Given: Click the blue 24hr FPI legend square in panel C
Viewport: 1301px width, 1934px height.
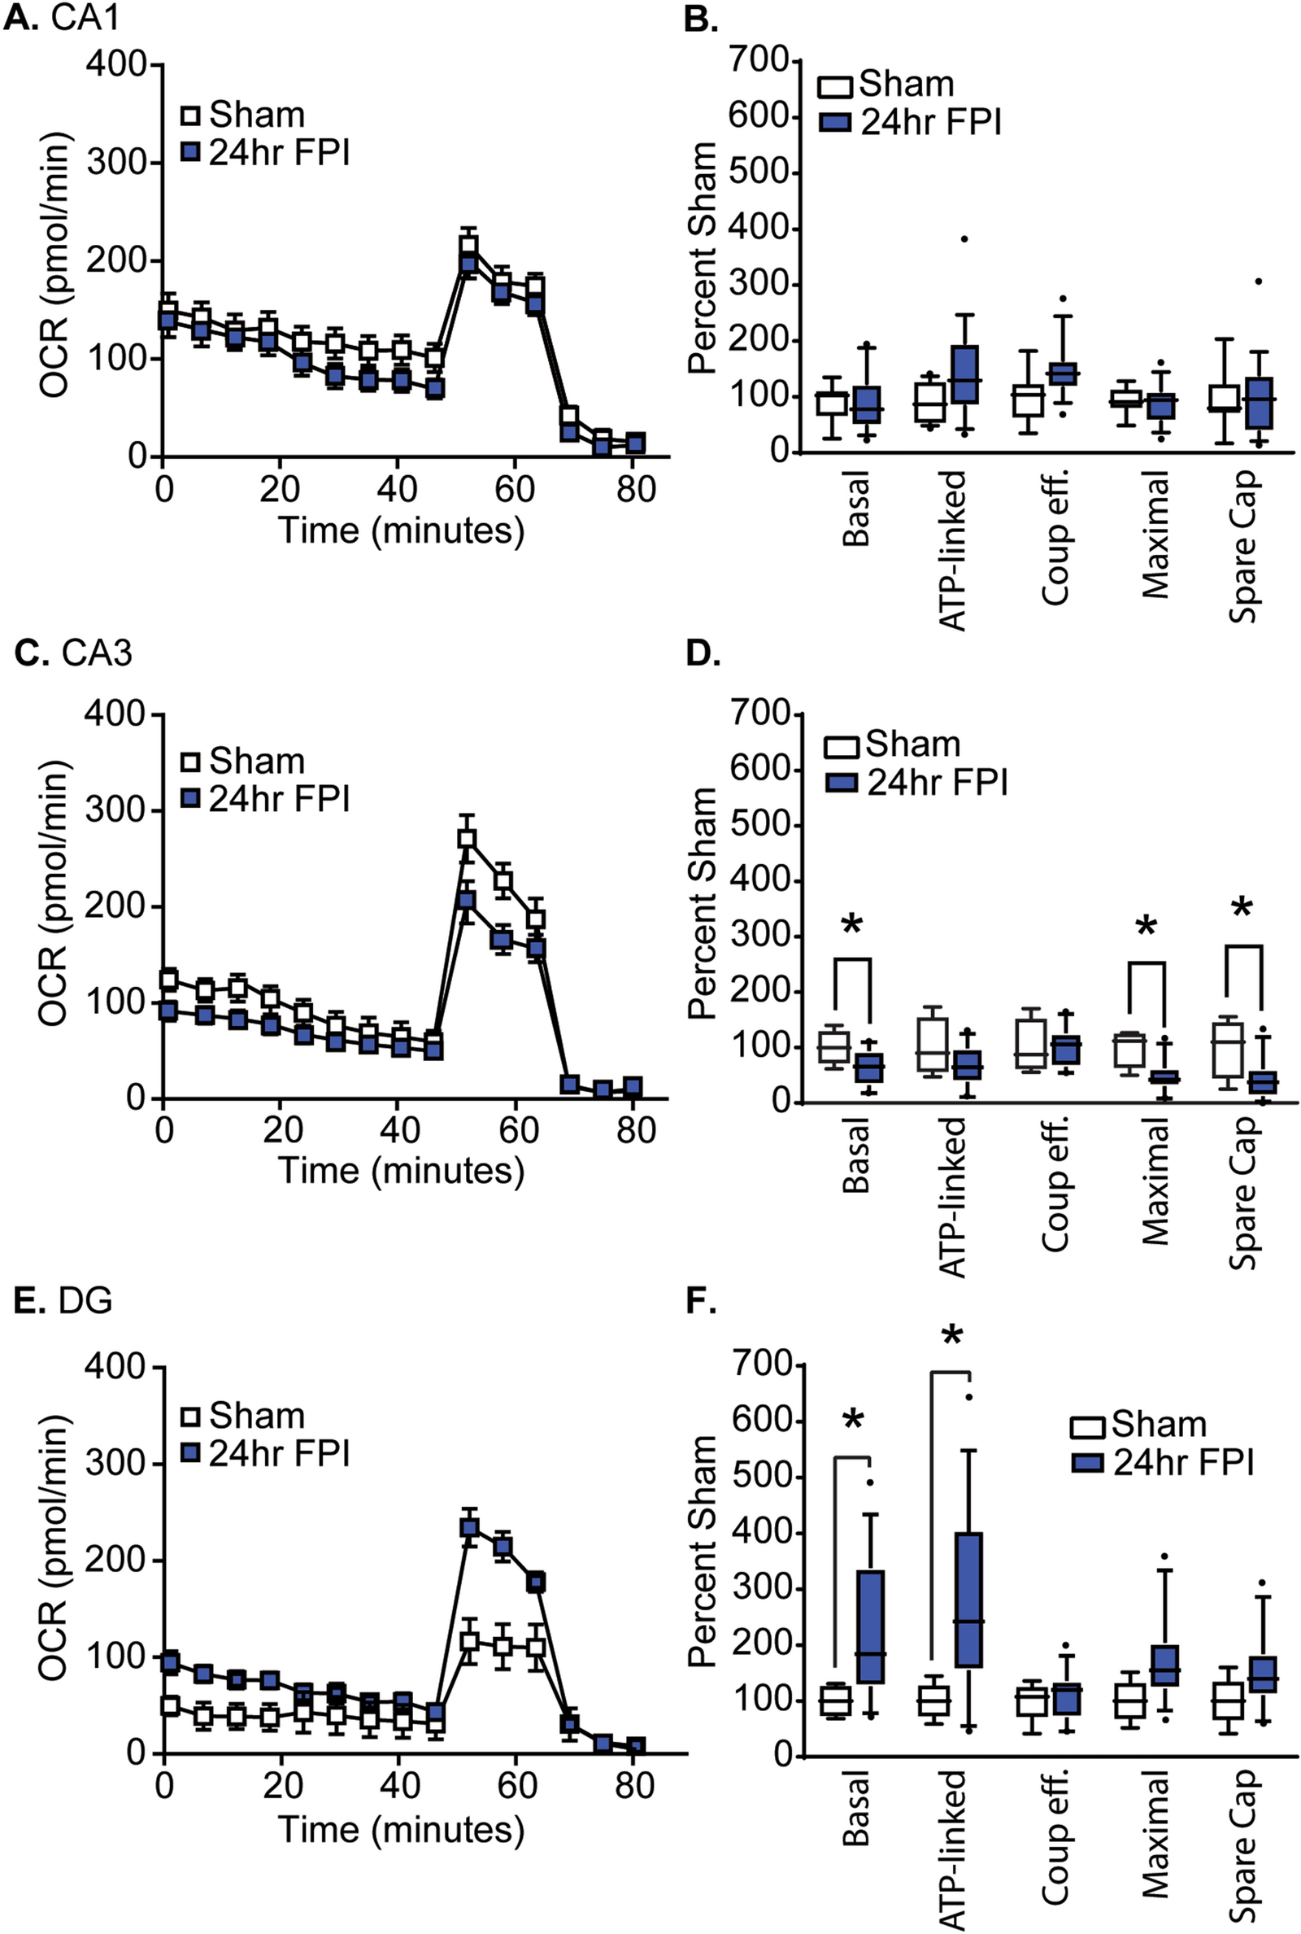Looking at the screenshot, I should [x=191, y=798].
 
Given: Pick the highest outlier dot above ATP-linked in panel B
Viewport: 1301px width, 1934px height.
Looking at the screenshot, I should [x=964, y=239].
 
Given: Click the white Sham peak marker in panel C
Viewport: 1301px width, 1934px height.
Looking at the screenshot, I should [x=467, y=837].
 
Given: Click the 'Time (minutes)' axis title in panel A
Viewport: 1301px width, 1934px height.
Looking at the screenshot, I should [x=402, y=530].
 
